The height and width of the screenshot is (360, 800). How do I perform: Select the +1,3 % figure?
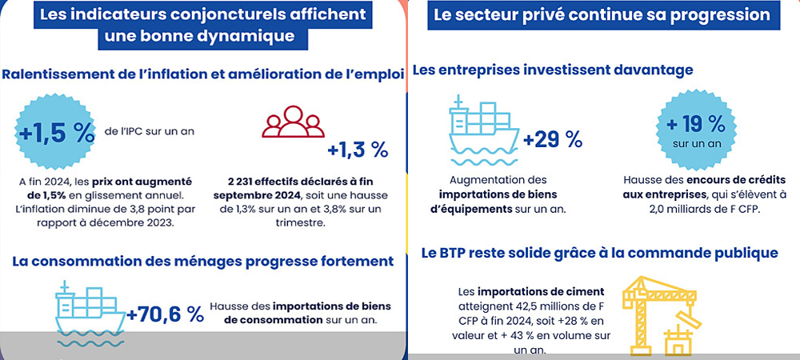click(x=358, y=150)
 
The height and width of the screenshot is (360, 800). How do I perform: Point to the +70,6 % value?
click(x=165, y=314)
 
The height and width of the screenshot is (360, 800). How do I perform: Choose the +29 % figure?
click(x=553, y=139)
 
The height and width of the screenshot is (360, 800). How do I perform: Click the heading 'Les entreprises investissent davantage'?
click(x=552, y=70)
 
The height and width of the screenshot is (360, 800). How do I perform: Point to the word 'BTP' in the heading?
click(x=458, y=254)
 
